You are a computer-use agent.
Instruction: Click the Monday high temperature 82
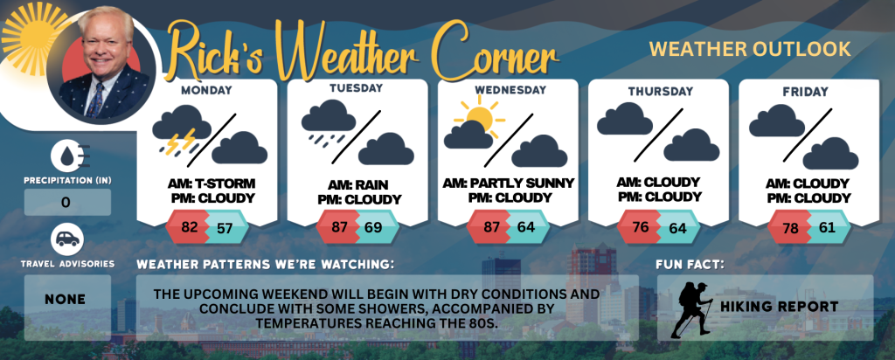click(x=189, y=227)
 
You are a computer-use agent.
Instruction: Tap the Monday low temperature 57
click(x=225, y=228)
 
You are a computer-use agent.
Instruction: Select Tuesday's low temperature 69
click(x=373, y=227)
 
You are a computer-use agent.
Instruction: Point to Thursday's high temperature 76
click(x=641, y=227)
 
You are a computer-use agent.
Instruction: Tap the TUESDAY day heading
click(x=357, y=88)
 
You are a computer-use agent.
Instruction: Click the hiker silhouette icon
click(x=692, y=309)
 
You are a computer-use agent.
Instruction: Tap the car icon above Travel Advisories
click(x=67, y=239)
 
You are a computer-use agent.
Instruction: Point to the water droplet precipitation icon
click(x=67, y=156)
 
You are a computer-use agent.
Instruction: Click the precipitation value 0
click(x=66, y=203)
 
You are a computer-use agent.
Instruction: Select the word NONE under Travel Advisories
click(x=66, y=300)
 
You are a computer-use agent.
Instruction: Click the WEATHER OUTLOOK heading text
click(x=750, y=49)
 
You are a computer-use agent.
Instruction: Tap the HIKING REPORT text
click(x=779, y=307)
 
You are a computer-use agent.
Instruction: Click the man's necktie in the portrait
click(x=94, y=100)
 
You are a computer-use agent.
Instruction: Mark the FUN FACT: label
click(x=690, y=265)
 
